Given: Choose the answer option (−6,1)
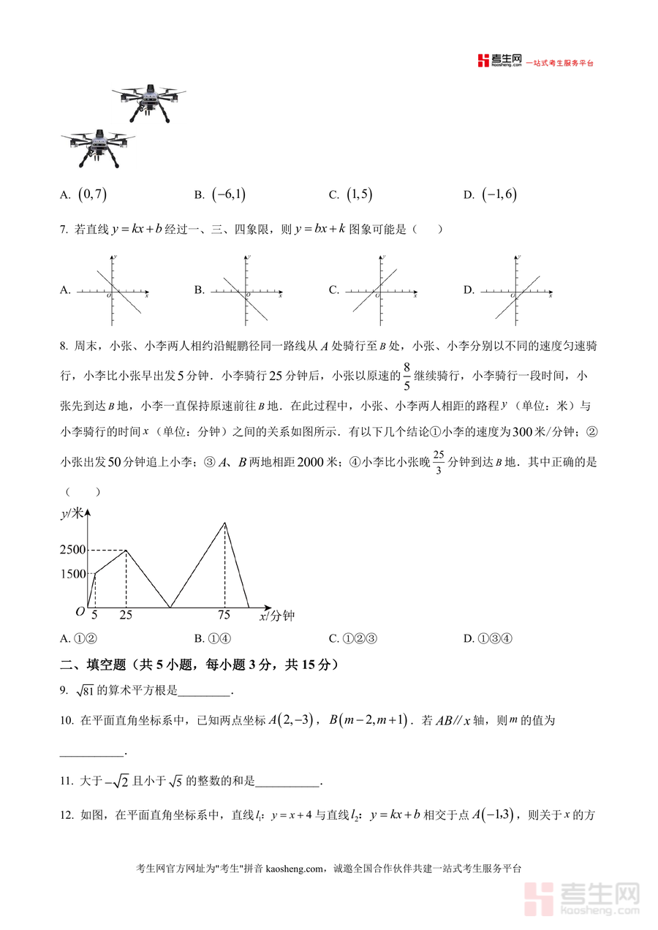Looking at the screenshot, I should (x=228, y=194).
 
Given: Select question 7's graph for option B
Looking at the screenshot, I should (x=246, y=290).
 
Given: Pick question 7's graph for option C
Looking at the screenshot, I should (x=382, y=290).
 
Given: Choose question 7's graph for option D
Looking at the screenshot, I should (x=516, y=290).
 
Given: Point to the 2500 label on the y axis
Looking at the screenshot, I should (x=73, y=550).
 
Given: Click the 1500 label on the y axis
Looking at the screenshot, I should (x=73, y=574).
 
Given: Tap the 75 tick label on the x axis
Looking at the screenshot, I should (x=224, y=616).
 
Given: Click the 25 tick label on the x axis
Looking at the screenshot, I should (x=126, y=616).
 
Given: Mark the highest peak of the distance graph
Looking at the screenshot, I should (x=224, y=522).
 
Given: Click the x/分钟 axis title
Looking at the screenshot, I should (x=276, y=616).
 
